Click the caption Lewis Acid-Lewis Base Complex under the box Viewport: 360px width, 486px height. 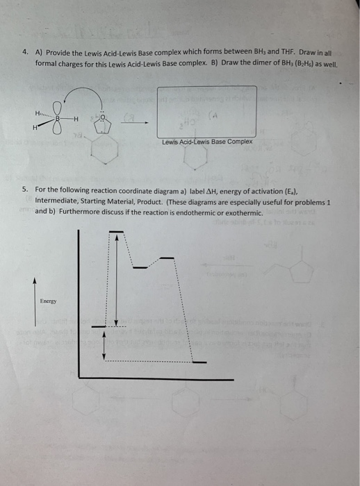pos(207,142)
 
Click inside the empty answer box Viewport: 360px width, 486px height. pos(207,111)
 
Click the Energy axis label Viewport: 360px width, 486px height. pos(48,301)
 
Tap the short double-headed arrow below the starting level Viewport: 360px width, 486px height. pos(105,344)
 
